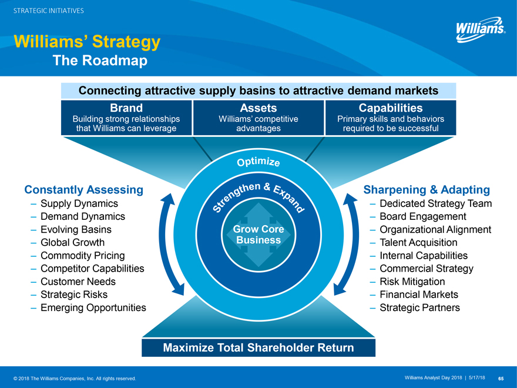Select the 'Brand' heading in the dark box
(x=126, y=108)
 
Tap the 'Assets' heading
(x=258, y=108)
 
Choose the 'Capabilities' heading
(x=391, y=108)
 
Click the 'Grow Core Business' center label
(x=258, y=235)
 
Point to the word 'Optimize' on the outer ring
(x=258, y=160)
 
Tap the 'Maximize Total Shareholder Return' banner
(x=258, y=347)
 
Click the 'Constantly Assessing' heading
(x=84, y=189)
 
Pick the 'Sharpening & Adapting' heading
(x=427, y=189)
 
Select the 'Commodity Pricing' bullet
(x=83, y=255)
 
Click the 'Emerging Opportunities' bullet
(x=93, y=307)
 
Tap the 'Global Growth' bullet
(x=73, y=242)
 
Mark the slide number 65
(x=501, y=377)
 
